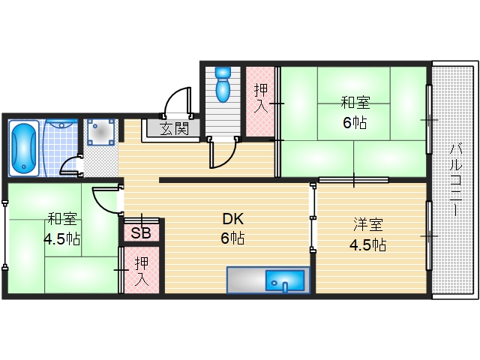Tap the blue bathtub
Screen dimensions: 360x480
pyautogui.click(x=23, y=148)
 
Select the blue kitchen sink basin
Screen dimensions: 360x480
pyautogui.click(x=285, y=281)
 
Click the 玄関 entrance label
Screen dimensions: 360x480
pyautogui.click(x=173, y=128)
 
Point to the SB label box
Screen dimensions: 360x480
pyautogui.click(x=141, y=232)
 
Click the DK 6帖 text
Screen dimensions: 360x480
pyautogui.click(x=232, y=229)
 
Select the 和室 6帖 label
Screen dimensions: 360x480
pyautogui.click(x=355, y=112)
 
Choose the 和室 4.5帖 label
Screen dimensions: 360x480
pyautogui.click(x=61, y=229)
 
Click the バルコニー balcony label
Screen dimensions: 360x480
pyautogui.click(x=455, y=180)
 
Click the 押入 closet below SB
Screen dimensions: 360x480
pyautogui.click(x=142, y=272)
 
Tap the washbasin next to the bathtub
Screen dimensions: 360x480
pyautogui.click(x=100, y=133)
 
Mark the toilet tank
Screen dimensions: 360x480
pyautogui.click(x=223, y=74)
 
